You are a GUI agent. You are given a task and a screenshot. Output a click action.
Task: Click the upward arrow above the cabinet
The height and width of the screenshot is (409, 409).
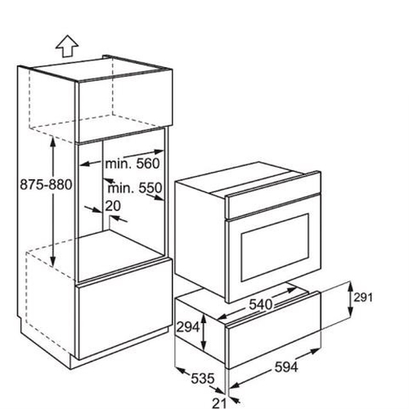coord(67,47)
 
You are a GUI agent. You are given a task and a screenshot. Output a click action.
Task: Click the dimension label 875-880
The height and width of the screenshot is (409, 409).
coord(46,185)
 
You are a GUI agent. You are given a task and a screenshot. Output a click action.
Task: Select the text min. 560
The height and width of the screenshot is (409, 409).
coord(133,164)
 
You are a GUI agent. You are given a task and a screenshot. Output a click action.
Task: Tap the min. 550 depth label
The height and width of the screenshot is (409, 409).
coord(135,188)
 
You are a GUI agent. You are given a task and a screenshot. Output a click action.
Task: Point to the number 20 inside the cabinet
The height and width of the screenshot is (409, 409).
coord(113,206)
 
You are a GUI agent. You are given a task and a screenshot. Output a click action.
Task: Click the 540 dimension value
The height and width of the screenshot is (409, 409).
coord(261,304)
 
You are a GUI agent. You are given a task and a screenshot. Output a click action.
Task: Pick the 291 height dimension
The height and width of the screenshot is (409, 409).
coord(363,298)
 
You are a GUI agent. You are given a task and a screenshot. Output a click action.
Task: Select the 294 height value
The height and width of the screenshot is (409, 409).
coord(188,327)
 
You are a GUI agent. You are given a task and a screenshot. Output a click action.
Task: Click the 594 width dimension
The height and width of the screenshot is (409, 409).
coord(286,366)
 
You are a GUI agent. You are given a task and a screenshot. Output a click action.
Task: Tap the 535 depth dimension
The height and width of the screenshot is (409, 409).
coord(203,379)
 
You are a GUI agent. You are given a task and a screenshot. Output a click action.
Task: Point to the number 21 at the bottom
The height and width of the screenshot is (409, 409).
coord(219,403)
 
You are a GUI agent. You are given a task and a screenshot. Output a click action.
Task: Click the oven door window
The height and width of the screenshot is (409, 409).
coord(275,248)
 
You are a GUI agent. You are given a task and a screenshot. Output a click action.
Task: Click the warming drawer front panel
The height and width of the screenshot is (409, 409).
coord(274,330)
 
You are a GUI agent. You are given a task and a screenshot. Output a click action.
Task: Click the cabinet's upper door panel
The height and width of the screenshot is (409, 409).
coord(124,106)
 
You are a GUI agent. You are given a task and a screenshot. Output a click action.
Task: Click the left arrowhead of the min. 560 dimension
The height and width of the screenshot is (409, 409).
coord(84,164)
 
